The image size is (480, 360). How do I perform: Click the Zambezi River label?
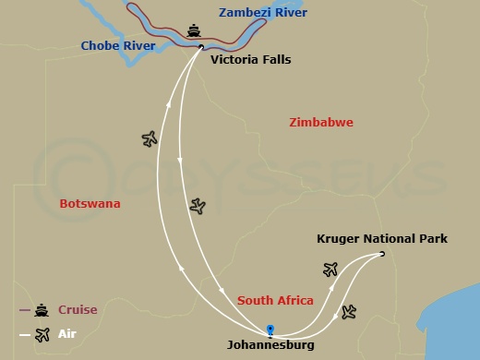pyautogui.click(x=263, y=13)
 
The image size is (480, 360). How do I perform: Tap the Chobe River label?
pyautogui.click(x=117, y=45)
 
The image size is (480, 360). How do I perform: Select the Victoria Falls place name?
pyautogui.click(x=250, y=60)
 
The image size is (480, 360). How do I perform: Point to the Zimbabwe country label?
pyautogui.click(x=320, y=123)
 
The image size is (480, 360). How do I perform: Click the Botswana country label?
pyautogui.click(x=90, y=204)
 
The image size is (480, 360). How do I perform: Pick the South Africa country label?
pyautogui.click(x=275, y=301)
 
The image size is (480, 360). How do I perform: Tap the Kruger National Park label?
pyautogui.click(x=381, y=239)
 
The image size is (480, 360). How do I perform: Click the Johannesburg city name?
pyautogui.click(x=270, y=345)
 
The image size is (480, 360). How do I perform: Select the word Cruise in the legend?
pyautogui.click(x=78, y=310)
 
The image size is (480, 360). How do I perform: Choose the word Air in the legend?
pyautogui.click(x=67, y=334)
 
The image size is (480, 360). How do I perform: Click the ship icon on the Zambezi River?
pyautogui.click(x=194, y=31)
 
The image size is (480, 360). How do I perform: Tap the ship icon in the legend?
pyautogui.click(x=42, y=310)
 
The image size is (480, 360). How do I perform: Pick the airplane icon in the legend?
pyautogui.click(x=42, y=334)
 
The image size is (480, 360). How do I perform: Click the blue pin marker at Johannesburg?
pyautogui.click(x=270, y=329)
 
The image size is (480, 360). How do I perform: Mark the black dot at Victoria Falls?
pyautogui.click(x=201, y=46)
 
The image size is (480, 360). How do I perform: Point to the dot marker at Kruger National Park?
pyautogui.click(x=382, y=254)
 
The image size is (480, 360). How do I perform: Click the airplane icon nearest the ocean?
pyautogui.click(x=348, y=312)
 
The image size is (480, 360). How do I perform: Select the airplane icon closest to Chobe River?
pyautogui.click(x=150, y=138)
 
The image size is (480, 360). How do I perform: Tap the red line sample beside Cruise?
pyautogui.click(x=25, y=310)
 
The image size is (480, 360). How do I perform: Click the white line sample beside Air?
pyautogui.click(x=25, y=334)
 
